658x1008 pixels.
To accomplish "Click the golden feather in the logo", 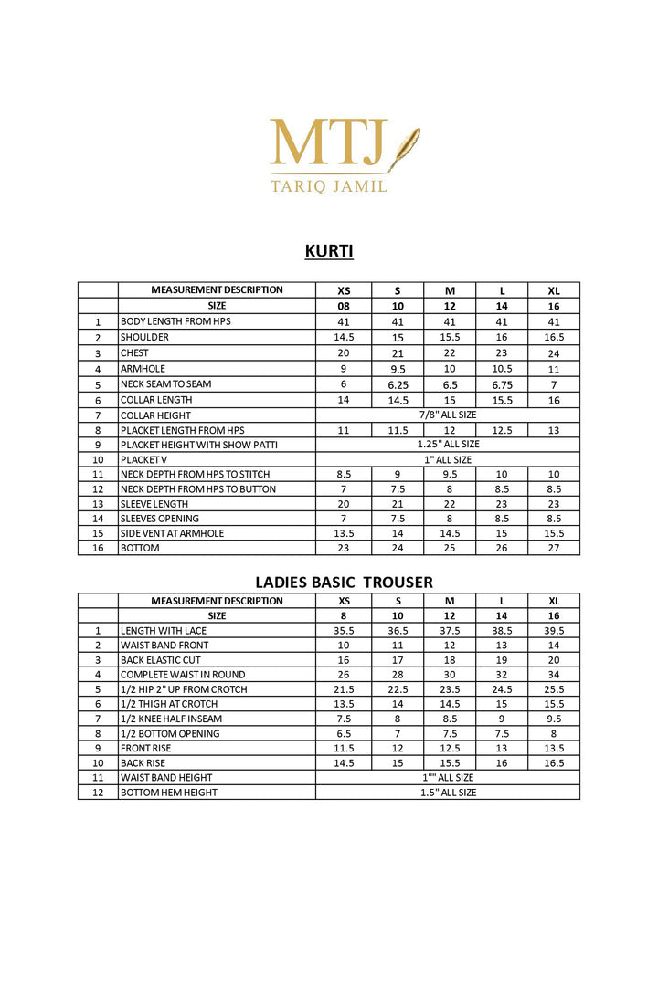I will pos(404,149).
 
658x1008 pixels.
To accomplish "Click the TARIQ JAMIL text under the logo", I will pos(329,185).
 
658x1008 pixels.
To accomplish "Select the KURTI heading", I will pos(329,250).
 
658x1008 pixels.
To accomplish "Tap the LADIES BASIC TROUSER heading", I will pos(344,582).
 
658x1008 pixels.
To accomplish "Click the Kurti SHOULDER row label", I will pos(144,337).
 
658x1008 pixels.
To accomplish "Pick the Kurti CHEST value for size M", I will pos(450,352).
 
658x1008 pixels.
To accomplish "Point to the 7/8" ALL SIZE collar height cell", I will pos(448,415).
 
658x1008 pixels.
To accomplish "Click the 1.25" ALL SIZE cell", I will pos(448,445).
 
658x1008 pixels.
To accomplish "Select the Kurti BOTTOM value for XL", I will pos(554,548).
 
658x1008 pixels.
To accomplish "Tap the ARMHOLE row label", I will pos(143,369).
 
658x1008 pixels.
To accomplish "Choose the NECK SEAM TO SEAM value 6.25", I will pos(398,384).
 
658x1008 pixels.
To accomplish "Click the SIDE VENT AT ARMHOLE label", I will pos(172,533).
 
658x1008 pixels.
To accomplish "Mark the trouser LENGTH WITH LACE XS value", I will pos(345,630).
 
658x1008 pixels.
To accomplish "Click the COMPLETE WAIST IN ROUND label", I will pos(170,675).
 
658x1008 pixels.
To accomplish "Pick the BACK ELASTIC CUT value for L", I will pos(502,659).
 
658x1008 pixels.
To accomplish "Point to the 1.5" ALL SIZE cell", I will pos(448,793).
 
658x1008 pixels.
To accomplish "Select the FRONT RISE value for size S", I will pos(398,748).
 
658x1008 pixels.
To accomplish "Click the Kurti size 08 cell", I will pos(345,306).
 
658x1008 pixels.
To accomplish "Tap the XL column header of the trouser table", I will pos(554,601).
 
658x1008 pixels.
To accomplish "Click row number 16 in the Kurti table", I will pos(98,548).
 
